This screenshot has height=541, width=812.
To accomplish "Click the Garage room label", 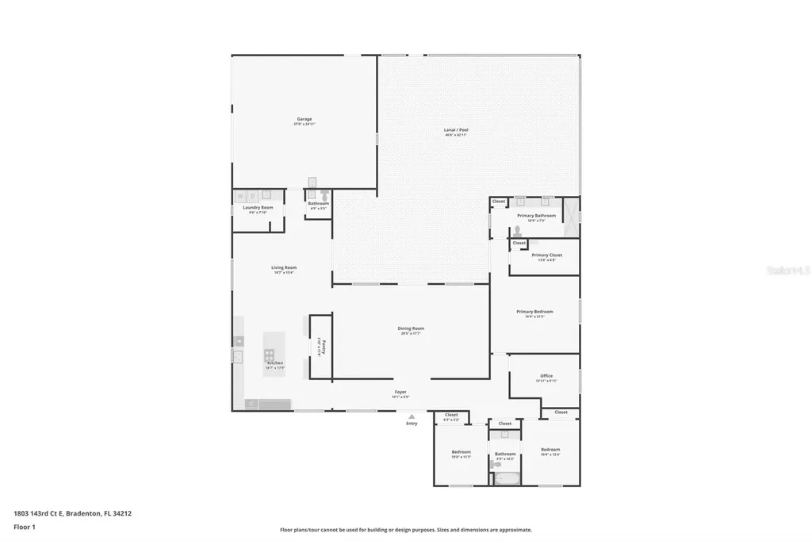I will pos(304,119).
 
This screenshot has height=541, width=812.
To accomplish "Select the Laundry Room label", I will pos(258,208).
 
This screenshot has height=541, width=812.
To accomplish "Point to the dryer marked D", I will pos(252,195).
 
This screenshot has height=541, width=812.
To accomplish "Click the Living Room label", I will pos(284,268).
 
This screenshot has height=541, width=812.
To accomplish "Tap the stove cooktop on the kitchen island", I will pos(270,355).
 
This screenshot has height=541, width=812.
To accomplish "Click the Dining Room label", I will pos(411,328).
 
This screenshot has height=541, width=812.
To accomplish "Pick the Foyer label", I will pos(401,392).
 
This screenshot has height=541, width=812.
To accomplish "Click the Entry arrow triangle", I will pos(411,416).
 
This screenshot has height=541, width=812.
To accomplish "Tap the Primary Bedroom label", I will pos(534,312).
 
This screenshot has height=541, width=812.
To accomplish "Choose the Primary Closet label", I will pos(546,255).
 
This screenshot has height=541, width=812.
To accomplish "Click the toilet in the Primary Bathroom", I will pos(518,232).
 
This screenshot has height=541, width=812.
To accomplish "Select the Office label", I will pos(546,376).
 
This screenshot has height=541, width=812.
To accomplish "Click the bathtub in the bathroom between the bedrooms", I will pos(504,478).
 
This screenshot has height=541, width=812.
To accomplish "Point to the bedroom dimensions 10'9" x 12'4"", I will pos(550,455).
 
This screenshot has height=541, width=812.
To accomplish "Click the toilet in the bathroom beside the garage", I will pos(324,195).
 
